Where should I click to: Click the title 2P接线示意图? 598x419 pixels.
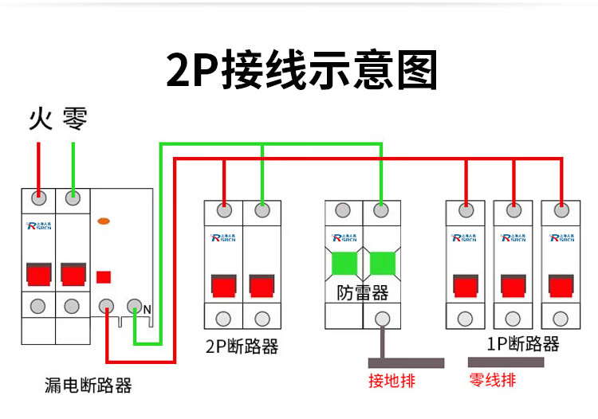[302, 70]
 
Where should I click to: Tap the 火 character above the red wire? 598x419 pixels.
[40, 119]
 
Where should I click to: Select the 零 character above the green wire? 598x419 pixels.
[74, 119]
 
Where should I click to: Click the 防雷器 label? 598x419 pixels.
[363, 292]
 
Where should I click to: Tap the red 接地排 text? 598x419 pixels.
[391, 380]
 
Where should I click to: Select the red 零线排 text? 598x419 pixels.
[493, 380]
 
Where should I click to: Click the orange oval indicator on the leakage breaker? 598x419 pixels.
[103, 221]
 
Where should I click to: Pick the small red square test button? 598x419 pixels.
[103, 277]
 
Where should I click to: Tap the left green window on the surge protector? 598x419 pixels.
[344, 262]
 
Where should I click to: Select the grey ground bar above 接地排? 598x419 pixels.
[407, 362]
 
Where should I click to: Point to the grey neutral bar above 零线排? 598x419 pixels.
[506, 362]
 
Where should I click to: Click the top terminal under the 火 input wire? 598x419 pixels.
[37, 197]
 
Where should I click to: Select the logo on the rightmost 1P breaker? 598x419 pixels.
[562, 237]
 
